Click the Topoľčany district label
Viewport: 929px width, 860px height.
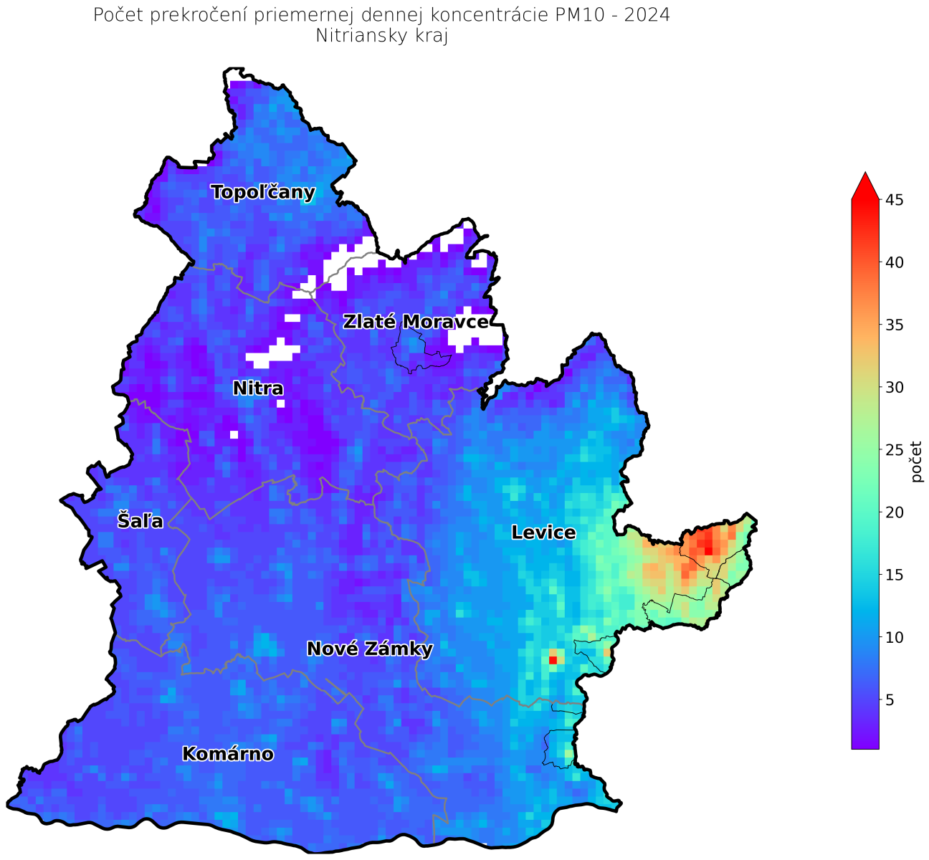point(263,192)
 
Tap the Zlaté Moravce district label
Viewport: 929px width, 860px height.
point(416,322)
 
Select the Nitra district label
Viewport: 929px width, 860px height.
point(258,388)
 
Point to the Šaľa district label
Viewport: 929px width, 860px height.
point(140,521)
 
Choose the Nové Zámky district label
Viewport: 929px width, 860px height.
point(369,649)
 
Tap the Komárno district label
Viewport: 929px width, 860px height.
point(228,754)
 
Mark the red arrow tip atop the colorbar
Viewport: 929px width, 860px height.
point(865,173)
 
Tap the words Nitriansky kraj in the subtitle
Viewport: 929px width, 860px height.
point(381,37)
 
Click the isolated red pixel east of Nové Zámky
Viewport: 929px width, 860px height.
point(553,660)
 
